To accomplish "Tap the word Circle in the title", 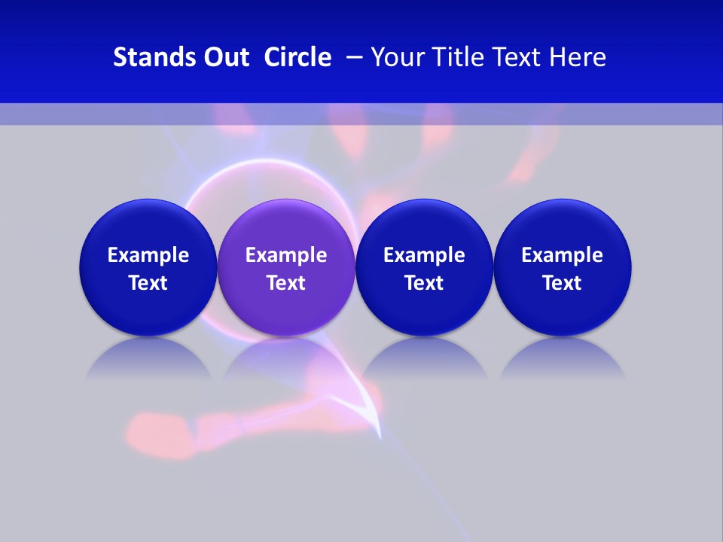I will (x=297, y=57).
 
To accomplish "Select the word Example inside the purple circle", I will (x=285, y=255).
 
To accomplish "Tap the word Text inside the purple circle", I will (x=285, y=283).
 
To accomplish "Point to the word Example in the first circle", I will (x=148, y=255).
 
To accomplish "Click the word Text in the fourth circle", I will (x=562, y=283).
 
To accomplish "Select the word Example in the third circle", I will (x=424, y=255).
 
